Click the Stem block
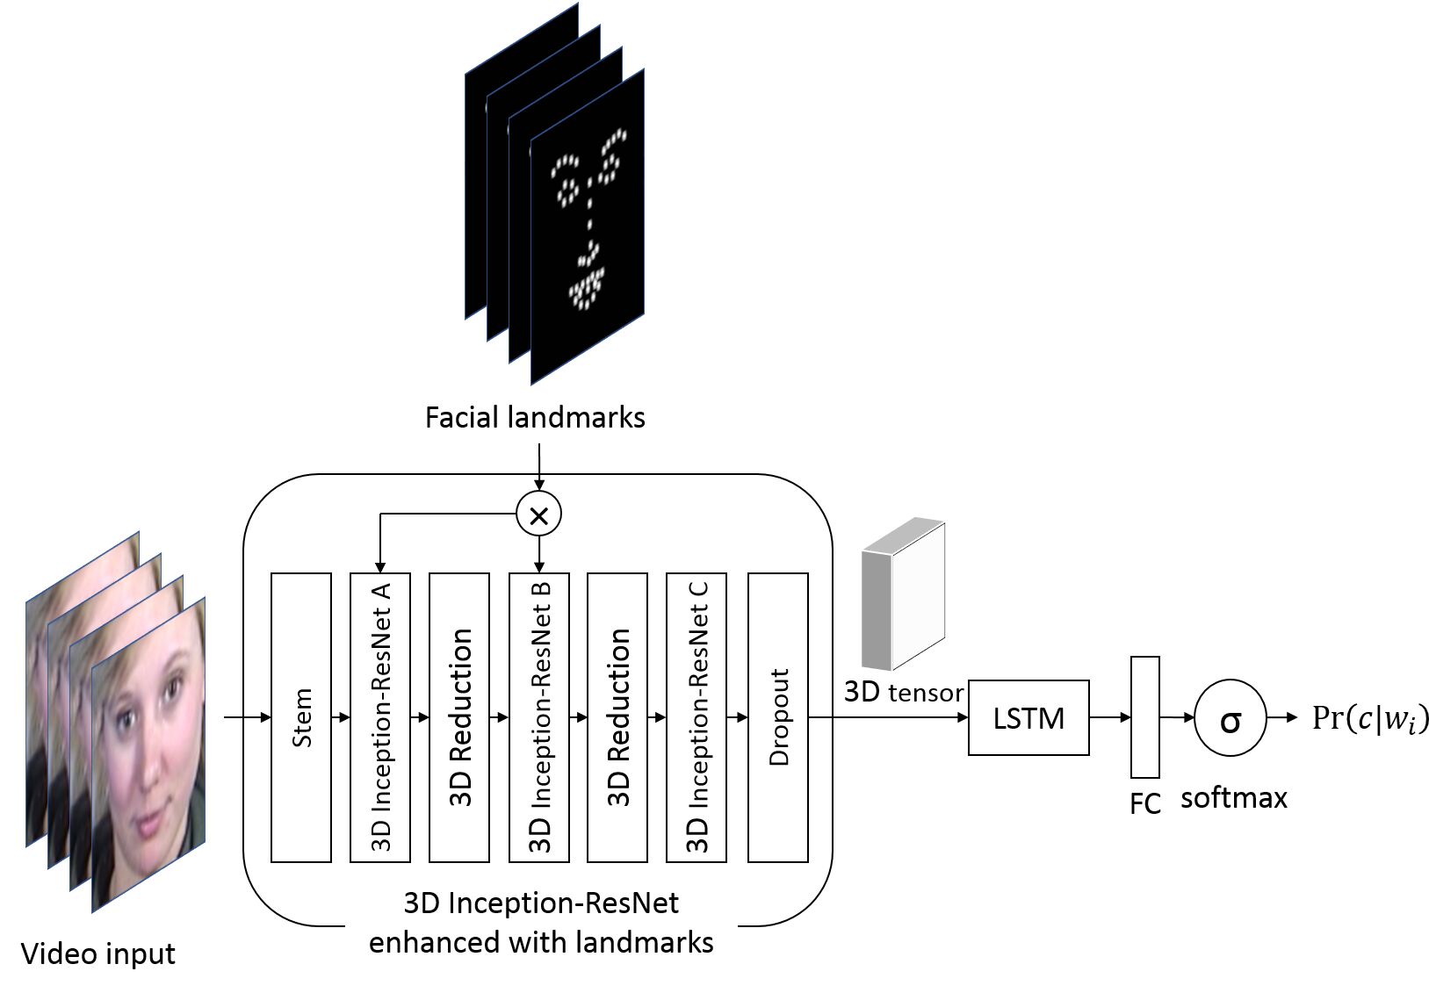click(x=301, y=717)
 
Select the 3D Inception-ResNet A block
click(x=380, y=717)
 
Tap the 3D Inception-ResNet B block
click(x=539, y=717)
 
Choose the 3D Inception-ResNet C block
click(x=696, y=717)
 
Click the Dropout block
click(x=777, y=717)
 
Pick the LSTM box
click(x=1028, y=717)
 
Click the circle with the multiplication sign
click(x=539, y=514)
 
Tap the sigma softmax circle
click(x=1231, y=718)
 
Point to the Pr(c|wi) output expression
click(x=1370, y=718)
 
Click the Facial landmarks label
click(x=535, y=417)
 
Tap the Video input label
click(x=97, y=953)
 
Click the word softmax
click(x=1233, y=797)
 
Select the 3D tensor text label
click(x=903, y=692)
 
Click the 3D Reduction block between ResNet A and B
click(x=459, y=717)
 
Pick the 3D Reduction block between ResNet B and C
click(x=617, y=717)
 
